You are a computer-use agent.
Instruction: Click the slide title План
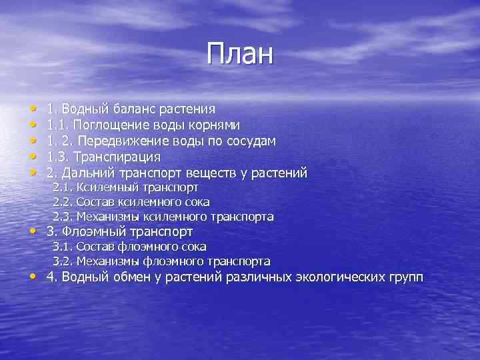coord(240,54)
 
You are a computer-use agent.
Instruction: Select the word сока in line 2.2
coord(198,202)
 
